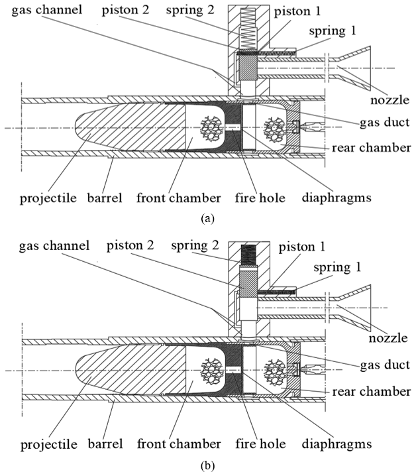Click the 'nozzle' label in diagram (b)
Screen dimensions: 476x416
coord(388,337)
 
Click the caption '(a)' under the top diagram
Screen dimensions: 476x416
coord(207,217)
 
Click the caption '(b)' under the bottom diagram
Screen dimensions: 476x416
coord(207,465)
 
